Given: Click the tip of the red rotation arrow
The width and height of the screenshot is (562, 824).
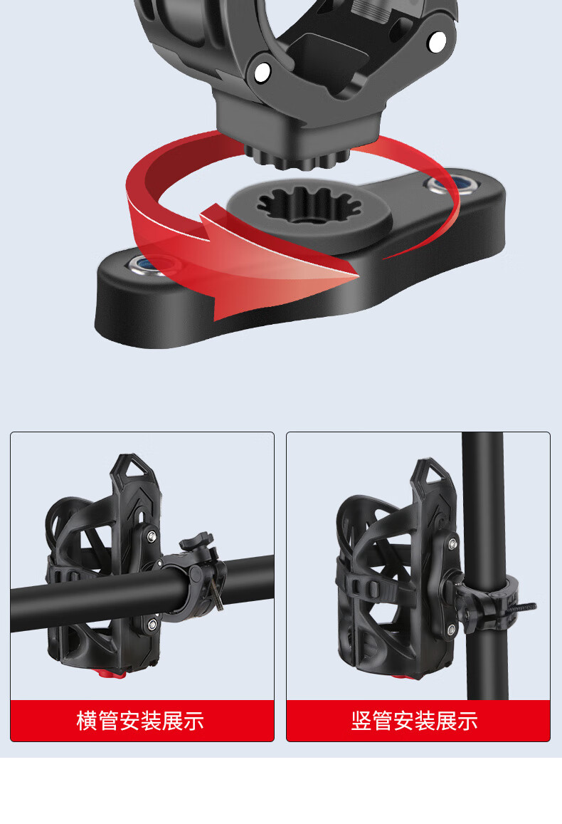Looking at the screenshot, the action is point(358,274).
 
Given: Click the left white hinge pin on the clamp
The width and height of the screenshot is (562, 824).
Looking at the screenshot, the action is point(262,72).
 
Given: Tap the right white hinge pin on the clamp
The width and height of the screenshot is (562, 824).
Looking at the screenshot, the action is point(437,41).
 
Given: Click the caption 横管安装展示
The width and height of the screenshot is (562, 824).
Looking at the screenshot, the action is point(140,721).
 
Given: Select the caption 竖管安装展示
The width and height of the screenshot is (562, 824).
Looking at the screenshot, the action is point(415,721).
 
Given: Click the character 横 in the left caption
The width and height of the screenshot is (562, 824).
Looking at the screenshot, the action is point(87,721).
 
